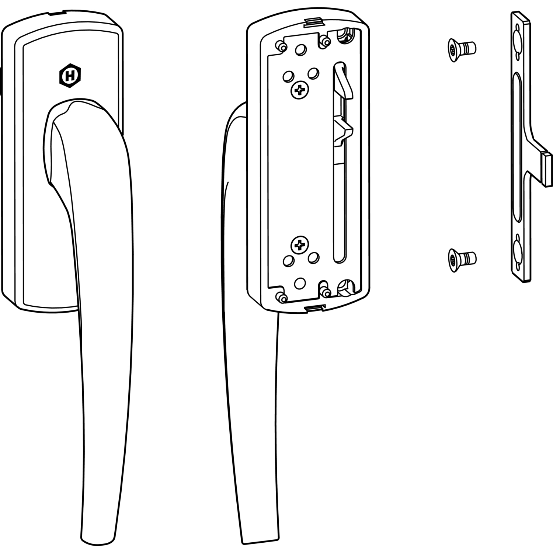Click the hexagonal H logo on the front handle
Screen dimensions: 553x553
tap(70, 76)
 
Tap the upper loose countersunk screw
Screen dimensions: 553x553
tap(462, 48)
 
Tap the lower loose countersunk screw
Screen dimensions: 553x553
tap(462, 257)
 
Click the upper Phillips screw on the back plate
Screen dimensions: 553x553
tap(300, 90)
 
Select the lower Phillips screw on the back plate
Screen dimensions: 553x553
tap(300, 244)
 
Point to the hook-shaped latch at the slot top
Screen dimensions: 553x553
tap(342, 79)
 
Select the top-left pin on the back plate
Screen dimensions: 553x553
tap(282, 46)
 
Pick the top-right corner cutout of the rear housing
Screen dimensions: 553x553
tap(345, 35)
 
